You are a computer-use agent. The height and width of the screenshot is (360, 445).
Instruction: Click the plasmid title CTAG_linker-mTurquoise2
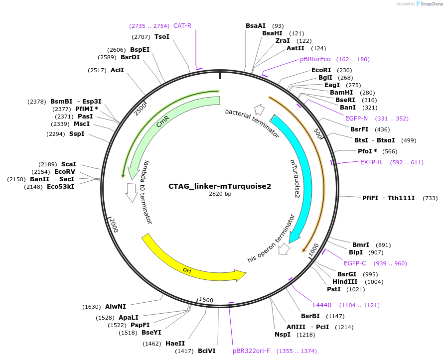pyautogui.click(x=220, y=186)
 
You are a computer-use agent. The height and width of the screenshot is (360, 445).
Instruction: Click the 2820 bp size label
pyautogui.click(x=220, y=194)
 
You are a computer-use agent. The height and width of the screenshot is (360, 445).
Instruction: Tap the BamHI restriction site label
pyautogui.click(x=341, y=93)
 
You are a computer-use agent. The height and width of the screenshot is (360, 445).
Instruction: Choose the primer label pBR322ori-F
pyautogui.click(x=251, y=351)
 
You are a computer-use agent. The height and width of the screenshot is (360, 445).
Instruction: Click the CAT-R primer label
pyautogui.click(x=182, y=25)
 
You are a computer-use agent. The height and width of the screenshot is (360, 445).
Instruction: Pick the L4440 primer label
pyautogui.click(x=322, y=305)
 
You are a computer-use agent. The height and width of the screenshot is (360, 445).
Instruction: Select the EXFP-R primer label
pyautogui.click(x=371, y=162)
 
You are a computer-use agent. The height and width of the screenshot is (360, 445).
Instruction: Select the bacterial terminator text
pyautogui.click(x=252, y=123)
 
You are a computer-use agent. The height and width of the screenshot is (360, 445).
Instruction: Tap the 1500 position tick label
pyautogui.click(x=206, y=300)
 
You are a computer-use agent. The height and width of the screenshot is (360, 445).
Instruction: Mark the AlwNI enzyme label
pyautogui.click(x=116, y=307)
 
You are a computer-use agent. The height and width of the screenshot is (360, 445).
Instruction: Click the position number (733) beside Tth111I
pyautogui.click(x=430, y=198)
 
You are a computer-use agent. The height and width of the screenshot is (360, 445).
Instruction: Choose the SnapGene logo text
pyautogui.click(x=430, y=3)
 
